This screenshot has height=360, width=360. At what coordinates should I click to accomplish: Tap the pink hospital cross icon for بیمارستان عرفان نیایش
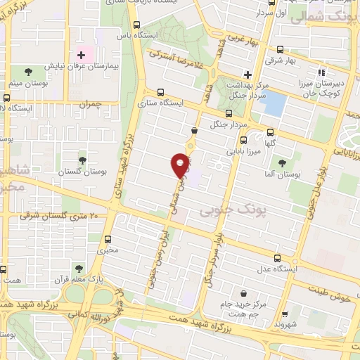click(x=82, y=55)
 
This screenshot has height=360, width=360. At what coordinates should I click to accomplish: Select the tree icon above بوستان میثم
click(x=28, y=72)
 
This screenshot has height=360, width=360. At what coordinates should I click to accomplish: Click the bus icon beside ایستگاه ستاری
click(x=160, y=92)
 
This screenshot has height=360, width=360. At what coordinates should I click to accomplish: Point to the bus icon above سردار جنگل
click(x=229, y=113)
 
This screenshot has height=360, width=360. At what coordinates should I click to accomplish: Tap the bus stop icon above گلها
click(x=271, y=131)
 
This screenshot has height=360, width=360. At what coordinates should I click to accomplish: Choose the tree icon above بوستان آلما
click(x=282, y=163)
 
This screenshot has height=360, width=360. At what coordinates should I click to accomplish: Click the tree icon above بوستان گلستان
click(x=82, y=160)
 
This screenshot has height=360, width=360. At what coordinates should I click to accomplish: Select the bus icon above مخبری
click(x=108, y=238)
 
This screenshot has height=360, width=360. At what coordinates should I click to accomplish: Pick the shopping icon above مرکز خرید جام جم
click(x=243, y=293)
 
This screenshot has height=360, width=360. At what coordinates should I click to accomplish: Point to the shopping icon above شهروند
click(x=284, y=314)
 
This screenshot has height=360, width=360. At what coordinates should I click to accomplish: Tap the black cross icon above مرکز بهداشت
click(x=247, y=74)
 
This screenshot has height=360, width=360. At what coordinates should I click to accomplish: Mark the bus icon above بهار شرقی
click(x=281, y=50)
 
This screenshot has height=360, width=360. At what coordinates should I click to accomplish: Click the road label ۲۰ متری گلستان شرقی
click(x=63, y=216)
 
